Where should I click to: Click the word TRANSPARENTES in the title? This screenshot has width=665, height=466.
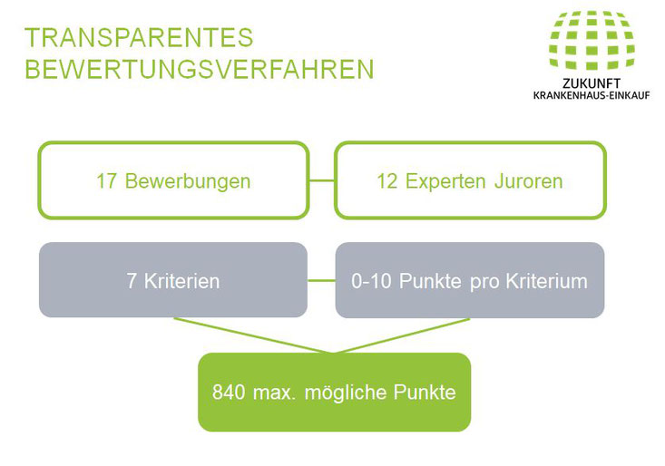139,37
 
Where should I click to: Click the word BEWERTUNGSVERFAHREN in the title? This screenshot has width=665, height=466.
200,69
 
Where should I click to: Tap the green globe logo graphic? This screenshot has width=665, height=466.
592,40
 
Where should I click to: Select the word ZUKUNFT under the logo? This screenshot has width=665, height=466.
592,83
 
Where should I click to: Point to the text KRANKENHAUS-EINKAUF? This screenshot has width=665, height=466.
592,95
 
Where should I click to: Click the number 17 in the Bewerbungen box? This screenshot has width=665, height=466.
106,181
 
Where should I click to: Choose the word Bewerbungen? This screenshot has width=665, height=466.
188,181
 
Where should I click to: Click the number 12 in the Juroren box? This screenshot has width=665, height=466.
386,181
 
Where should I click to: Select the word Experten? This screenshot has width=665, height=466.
445,181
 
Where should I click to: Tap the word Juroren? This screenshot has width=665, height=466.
528,181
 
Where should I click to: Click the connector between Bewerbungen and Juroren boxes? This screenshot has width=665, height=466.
322,181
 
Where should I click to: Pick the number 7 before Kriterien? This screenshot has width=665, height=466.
132,281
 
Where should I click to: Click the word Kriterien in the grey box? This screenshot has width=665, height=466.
182,281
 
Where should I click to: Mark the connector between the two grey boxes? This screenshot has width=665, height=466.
321,280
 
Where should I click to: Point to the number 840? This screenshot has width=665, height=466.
229,393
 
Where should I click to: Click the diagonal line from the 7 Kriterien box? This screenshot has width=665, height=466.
254,335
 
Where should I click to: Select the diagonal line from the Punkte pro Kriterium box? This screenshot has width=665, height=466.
402,335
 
